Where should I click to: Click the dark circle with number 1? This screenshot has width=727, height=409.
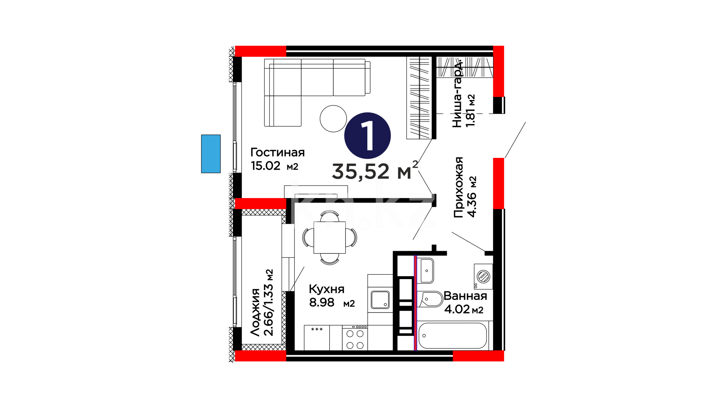pyautogui.click(x=367, y=136)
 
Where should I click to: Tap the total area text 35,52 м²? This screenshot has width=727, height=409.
pyautogui.click(x=375, y=170)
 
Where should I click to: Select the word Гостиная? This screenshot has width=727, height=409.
pyautogui.click(x=278, y=152)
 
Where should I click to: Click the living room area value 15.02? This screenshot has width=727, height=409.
pyautogui.click(x=265, y=166)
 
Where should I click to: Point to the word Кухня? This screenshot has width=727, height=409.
pyautogui.click(x=327, y=289)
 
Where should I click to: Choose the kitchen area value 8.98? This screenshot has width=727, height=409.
pyautogui.click(x=322, y=303)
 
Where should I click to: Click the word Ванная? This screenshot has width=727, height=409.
pyautogui.click(x=465, y=296)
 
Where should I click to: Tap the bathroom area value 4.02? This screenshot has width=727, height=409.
pyautogui.click(x=457, y=309)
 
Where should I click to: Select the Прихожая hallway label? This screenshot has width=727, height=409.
pyautogui.click(x=459, y=187)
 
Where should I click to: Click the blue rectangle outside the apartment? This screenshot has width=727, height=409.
pyautogui.click(x=211, y=154)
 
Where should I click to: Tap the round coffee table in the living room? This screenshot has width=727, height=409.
pyautogui.click(x=333, y=119)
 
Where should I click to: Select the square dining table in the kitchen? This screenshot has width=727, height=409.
pyautogui.click(x=329, y=237)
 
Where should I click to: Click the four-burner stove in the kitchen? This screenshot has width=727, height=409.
pyautogui.click(x=355, y=338)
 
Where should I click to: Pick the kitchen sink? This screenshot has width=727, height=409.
pyautogui.click(x=380, y=300)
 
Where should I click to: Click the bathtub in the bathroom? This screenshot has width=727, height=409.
pyautogui.click(x=452, y=336)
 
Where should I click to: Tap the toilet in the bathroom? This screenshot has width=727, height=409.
pyautogui.click(x=430, y=299)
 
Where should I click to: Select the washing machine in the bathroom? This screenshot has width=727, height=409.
pyautogui.click(x=483, y=276)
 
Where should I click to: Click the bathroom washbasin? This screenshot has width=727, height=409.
pyautogui.click(x=426, y=270)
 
